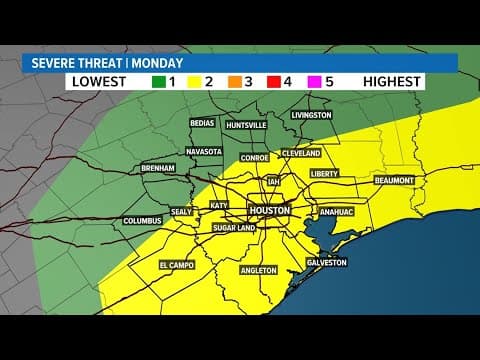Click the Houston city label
[x=269, y=212]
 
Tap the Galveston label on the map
[x=325, y=263]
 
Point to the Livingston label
[x=311, y=115]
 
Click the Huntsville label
[x=246, y=125]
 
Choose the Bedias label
[x=204, y=125]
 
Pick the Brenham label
[x=158, y=168]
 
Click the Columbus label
[x=142, y=220]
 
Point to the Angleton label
[x=258, y=270]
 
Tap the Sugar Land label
[x=235, y=228]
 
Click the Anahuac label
[x=335, y=212]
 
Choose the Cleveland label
[x=300, y=154]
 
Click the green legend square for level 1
[x=159, y=82]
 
